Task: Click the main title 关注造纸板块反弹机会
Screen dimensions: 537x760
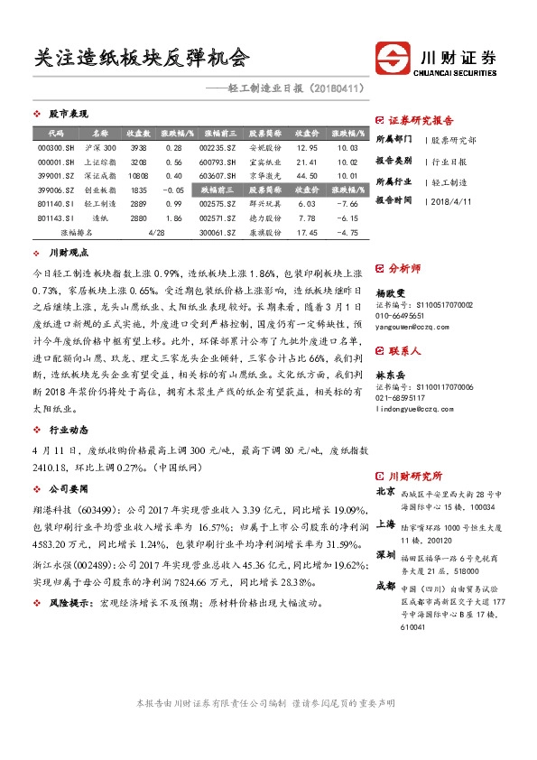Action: [x=141, y=59]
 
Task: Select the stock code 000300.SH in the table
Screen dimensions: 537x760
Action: [x=56, y=147]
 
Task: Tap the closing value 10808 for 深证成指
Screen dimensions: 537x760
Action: [x=138, y=176]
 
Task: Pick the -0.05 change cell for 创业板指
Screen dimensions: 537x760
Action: [x=172, y=190]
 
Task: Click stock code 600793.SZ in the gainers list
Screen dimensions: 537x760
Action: [x=218, y=162]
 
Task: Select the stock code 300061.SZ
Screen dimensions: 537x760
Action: [x=218, y=233]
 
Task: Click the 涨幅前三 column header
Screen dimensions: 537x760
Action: [x=218, y=133]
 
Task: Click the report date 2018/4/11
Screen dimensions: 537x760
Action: [x=449, y=200]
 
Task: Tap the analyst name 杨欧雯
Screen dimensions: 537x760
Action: [x=391, y=293]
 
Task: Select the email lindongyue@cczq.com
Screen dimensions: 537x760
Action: [x=415, y=409]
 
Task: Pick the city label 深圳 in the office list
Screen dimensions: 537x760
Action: [x=384, y=553]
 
